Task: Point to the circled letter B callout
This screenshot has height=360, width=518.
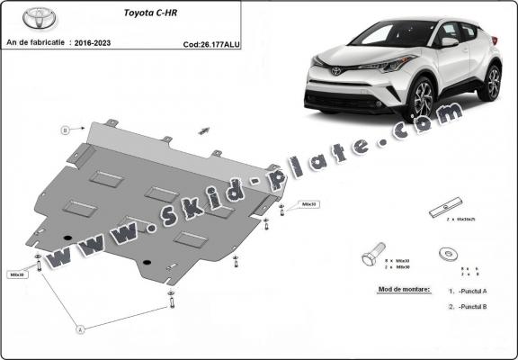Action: pyautogui.click(x=65, y=130)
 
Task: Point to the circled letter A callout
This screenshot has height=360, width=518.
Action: pyautogui.click(x=80, y=329)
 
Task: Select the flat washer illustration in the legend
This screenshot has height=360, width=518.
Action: pyautogui.click(x=446, y=255)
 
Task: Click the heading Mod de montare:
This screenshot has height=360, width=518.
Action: pyautogui.click(x=399, y=290)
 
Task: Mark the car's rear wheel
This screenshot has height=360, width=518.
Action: pyautogui.click(x=491, y=83)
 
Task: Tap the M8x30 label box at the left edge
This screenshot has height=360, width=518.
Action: pyautogui.click(x=17, y=274)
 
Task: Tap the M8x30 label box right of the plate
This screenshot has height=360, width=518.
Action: pyautogui.click(x=310, y=204)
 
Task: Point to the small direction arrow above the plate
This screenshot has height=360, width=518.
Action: pyautogui.click(x=206, y=130)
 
